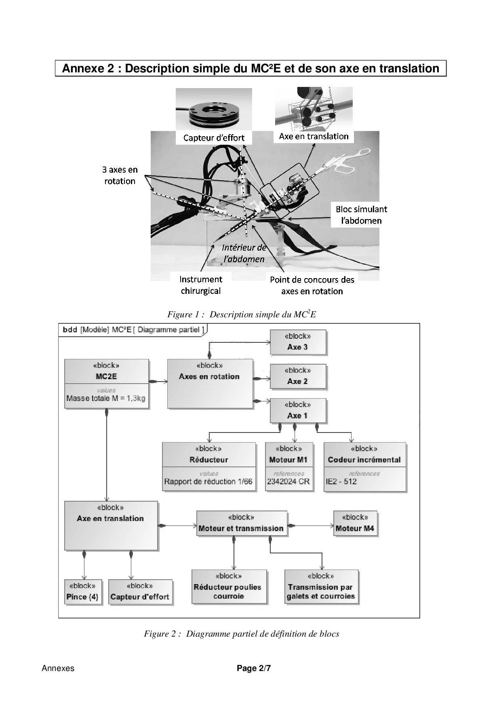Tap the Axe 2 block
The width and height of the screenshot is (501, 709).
pyautogui.click(x=298, y=377)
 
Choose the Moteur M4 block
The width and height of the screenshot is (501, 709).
pyautogui.click(x=355, y=524)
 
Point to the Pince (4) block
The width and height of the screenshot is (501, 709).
pyautogui.click(x=82, y=593)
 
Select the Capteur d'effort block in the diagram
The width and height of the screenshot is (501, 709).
pyautogui.click(x=140, y=593)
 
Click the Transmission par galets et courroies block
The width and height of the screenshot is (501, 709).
pyautogui.click(x=321, y=587)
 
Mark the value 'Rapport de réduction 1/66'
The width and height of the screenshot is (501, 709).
pyautogui.click(x=208, y=481)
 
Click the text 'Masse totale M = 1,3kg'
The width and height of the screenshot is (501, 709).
pyautogui.click(x=106, y=398)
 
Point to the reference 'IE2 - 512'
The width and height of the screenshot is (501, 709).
pyautogui.click(x=341, y=481)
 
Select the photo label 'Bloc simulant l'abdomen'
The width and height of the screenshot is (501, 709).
pyautogui.click(x=361, y=215)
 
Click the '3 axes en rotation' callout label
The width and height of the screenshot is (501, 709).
pyautogui.click(x=120, y=175)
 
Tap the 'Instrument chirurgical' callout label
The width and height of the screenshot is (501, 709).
pyautogui.click(x=201, y=285)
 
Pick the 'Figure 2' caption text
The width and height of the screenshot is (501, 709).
pyautogui.click(x=242, y=634)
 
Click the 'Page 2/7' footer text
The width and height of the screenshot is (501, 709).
pyautogui.click(x=254, y=668)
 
